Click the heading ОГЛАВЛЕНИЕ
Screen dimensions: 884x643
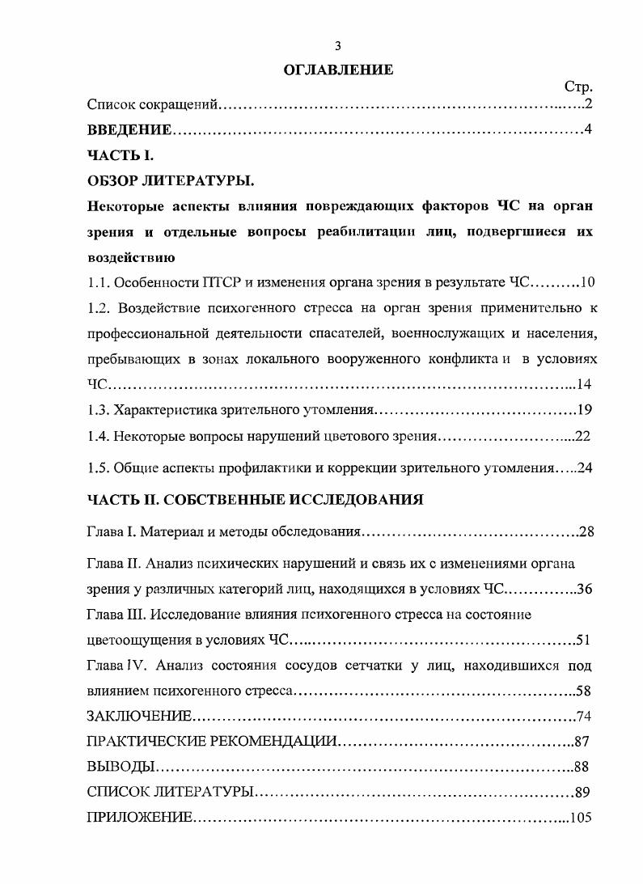click(x=338, y=70)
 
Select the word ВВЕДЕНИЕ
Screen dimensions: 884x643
click(x=129, y=129)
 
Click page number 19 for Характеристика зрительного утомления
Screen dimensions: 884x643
click(x=586, y=409)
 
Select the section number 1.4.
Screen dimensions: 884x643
click(x=98, y=436)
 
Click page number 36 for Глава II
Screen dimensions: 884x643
click(x=586, y=589)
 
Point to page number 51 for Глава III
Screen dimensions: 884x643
click(x=584, y=641)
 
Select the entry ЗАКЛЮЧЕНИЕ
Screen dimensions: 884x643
click(x=139, y=717)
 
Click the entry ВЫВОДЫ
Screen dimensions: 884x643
click(x=117, y=767)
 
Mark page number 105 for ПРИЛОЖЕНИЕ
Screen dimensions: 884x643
click(x=582, y=818)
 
